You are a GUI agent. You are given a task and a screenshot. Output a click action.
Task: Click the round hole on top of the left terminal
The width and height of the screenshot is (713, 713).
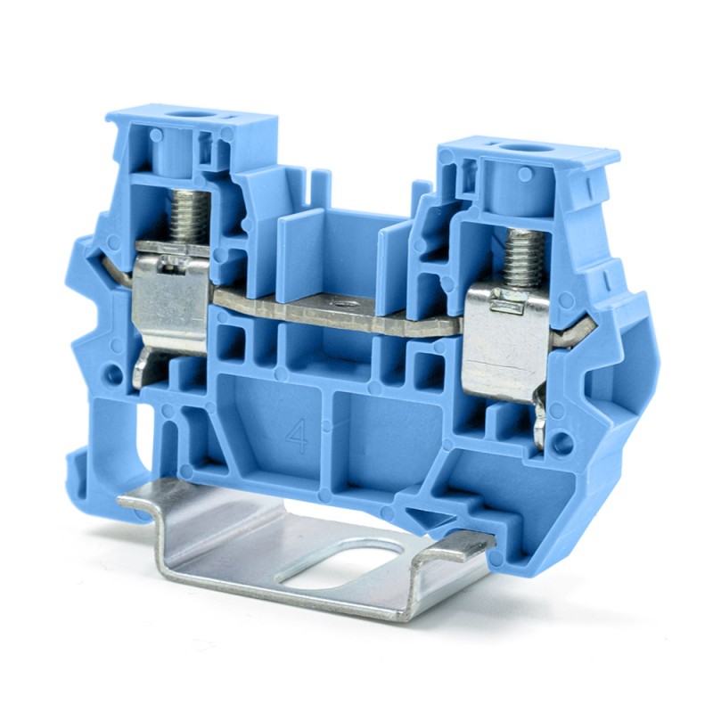(x=189, y=115)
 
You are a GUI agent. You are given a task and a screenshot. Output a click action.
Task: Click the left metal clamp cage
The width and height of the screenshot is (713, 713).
(x=170, y=294)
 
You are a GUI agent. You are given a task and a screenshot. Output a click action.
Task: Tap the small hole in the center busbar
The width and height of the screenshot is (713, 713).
(x=340, y=304)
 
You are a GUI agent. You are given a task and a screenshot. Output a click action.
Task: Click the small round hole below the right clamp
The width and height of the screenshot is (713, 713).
(x=561, y=441)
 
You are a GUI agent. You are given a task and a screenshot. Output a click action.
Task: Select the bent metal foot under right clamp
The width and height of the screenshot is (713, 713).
(x=540, y=418)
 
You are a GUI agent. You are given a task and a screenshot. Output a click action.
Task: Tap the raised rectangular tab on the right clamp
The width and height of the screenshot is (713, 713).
(x=505, y=303)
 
